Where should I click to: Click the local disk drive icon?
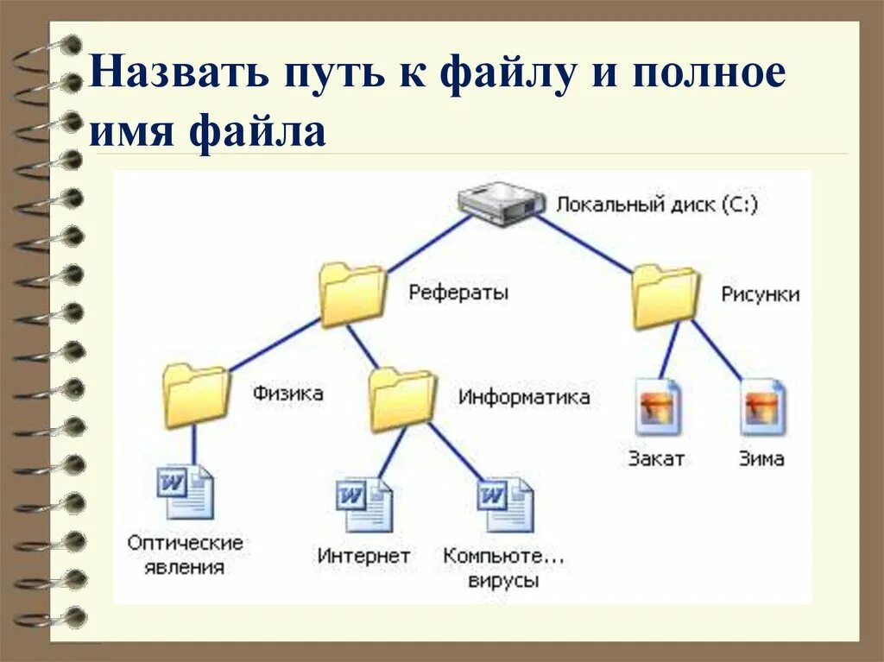[502, 205]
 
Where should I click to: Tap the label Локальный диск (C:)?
[656, 205]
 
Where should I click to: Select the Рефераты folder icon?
[351, 294]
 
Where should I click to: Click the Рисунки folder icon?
[665, 296]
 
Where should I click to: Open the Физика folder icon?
[196, 395]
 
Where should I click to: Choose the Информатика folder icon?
[402, 399]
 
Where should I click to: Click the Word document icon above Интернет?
[363, 506]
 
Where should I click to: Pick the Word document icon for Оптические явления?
[186, 492]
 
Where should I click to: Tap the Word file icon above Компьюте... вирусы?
[505, 505]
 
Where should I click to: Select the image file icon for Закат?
[659, 407]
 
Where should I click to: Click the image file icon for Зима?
[763, 407]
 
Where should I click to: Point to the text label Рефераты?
[458, 293]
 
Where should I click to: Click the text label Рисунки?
[760, 294]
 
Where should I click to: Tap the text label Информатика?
[524, 397]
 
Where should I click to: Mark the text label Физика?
[287, 394]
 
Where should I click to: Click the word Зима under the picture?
[762, 458]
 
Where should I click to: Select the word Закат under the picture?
[657, 458]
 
